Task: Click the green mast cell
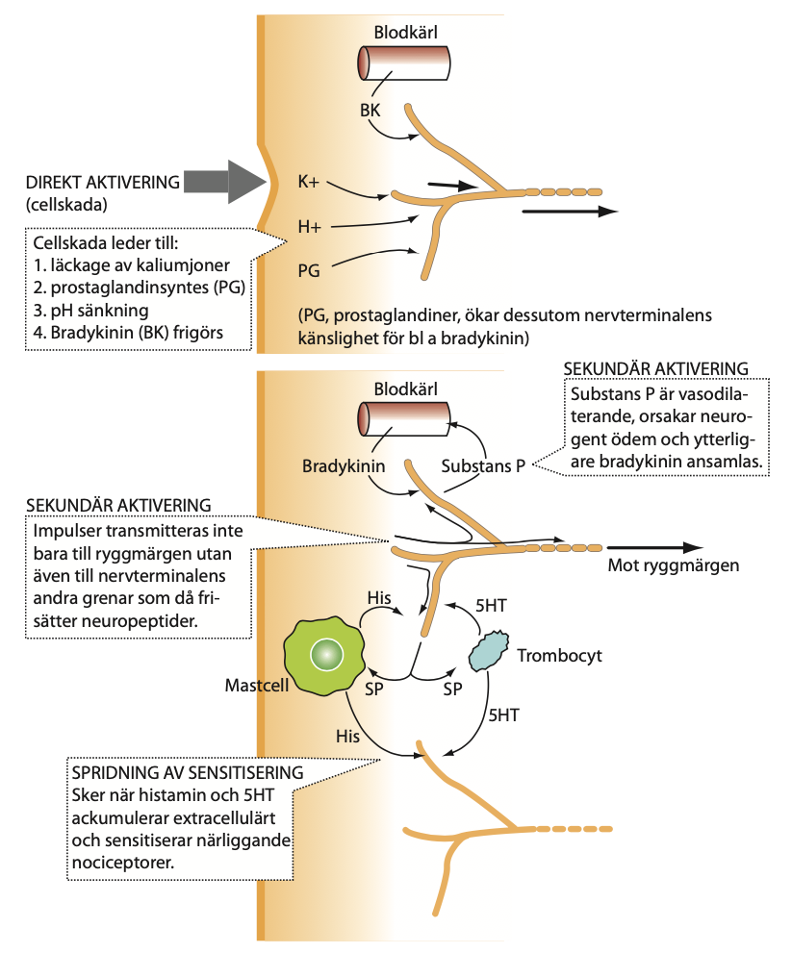pyautogui.click(x=324, y=656)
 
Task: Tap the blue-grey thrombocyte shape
pyautogui.click(x=489, y=651)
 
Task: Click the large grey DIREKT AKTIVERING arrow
pyautogui.click(x=225, y=181)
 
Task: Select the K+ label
pyautogui.click(x=308, y=181)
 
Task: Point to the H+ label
pyautogui.click(x=309, y=227)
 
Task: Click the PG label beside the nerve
pyautogui.click(x=308, y=270)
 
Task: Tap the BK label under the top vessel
pyautogui.click(x=370, y=110)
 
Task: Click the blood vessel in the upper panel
pyautogui.click(x=403, y=63)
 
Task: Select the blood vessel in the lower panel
pyautogui.click(x=403, y=419)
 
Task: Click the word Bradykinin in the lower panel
pyautogui.click(x=344, y=466)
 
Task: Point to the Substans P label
pyautogui.click(x=483, y=466)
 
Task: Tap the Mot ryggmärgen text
pyautogui.click(x=674, y=565)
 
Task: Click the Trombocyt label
pyautogui.click(x=560, y=655)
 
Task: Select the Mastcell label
pyautogui.click(x=257, y=685)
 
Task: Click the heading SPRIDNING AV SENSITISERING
pyautogui.click(x=188, y=772)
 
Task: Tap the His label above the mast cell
pyautogui.click(x=379, y=597)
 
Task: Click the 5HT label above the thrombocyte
pyautogui.click(x=491, y=605)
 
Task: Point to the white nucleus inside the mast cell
pyautogui.click(x=326, y=655)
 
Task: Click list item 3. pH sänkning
pyautogui.click(x=91, y=310)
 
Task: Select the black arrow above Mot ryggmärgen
pyautogui.click(x=654, y=547)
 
